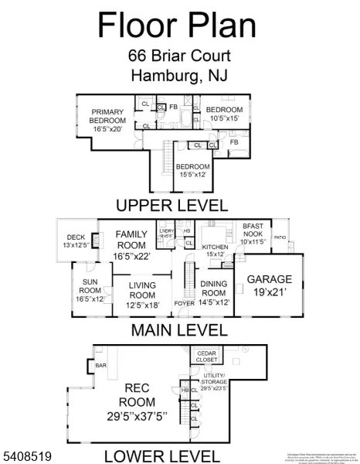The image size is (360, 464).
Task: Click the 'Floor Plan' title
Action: (177, 25)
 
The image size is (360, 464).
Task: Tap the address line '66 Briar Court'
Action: (179, 56)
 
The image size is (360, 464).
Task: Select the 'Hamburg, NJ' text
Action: (179, 76)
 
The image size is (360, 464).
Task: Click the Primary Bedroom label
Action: (107, 121)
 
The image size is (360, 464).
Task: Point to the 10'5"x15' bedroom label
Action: (223, 114)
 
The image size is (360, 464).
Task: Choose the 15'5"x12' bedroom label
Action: (192, 171)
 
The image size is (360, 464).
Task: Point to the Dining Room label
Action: (214, 298)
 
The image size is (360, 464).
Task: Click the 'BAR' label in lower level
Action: (100, 364)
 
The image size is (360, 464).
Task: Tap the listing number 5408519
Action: (28, 457)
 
